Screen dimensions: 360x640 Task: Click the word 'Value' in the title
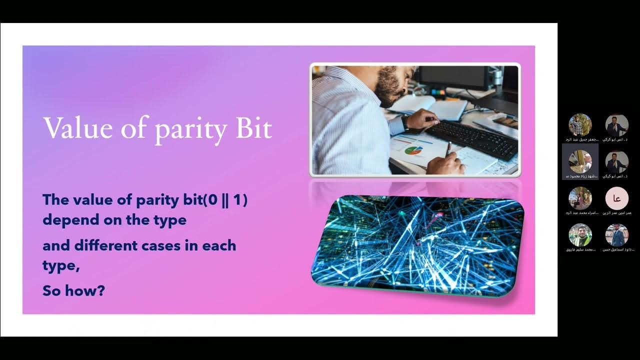(x=77, y=128)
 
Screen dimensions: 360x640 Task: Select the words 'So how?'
(x=73, y=290)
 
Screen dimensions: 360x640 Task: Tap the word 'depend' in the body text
(x=67, y=220)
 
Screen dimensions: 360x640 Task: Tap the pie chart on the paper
(x=413, y=150)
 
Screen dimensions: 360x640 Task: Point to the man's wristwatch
(x=404, y=123)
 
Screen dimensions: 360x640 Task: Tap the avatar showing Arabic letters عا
(x=616, y=198)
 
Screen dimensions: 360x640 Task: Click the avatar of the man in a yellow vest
(x=580, y=235)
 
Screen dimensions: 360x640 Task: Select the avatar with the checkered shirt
(x=580, y=125)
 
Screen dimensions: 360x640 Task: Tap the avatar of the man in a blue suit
(x=616, y=235)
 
